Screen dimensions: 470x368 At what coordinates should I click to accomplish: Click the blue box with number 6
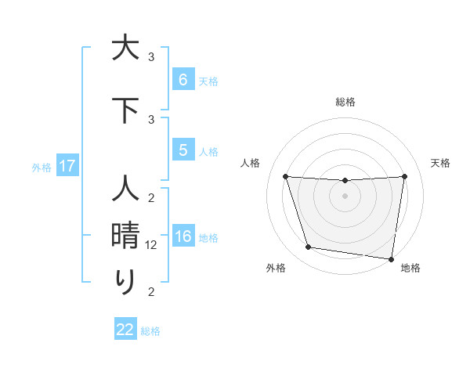point(183,80)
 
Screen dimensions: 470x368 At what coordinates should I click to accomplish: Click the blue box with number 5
point(183,150)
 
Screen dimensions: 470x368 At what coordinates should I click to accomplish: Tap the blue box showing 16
point(183,237)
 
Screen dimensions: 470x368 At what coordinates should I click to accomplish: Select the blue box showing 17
point(67,166)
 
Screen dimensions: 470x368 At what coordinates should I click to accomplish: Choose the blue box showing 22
point(125,330)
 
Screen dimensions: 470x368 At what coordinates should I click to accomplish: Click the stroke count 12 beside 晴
point(152,245)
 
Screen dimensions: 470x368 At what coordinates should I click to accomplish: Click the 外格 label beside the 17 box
point(41,167)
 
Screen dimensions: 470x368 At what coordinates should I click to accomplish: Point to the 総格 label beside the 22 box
point(150,331)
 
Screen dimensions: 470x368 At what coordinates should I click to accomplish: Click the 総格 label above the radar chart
point(345,102)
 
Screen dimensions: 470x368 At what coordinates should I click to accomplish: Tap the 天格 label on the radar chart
point(441,163)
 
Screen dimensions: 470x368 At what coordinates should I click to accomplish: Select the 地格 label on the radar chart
point(410,269)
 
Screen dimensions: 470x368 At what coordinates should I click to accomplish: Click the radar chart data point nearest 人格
point(286,176)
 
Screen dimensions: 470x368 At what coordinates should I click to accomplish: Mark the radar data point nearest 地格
point(392,258)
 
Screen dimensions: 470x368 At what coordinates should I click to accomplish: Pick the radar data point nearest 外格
point(309,247)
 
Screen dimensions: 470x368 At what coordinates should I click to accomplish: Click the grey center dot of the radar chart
point(345,196)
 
